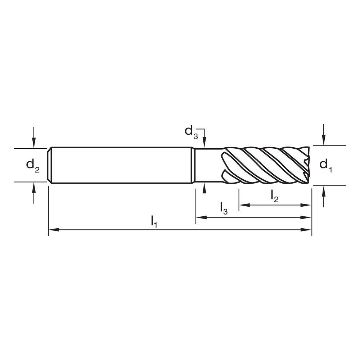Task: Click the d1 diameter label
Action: point(325,165)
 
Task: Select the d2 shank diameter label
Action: point(32,165)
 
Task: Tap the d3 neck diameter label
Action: point(191,131)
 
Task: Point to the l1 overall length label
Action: point(154,220)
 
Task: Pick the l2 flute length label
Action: point(274,196)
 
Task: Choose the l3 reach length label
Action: point(224,208)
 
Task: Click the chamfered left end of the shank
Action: point(50,165)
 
